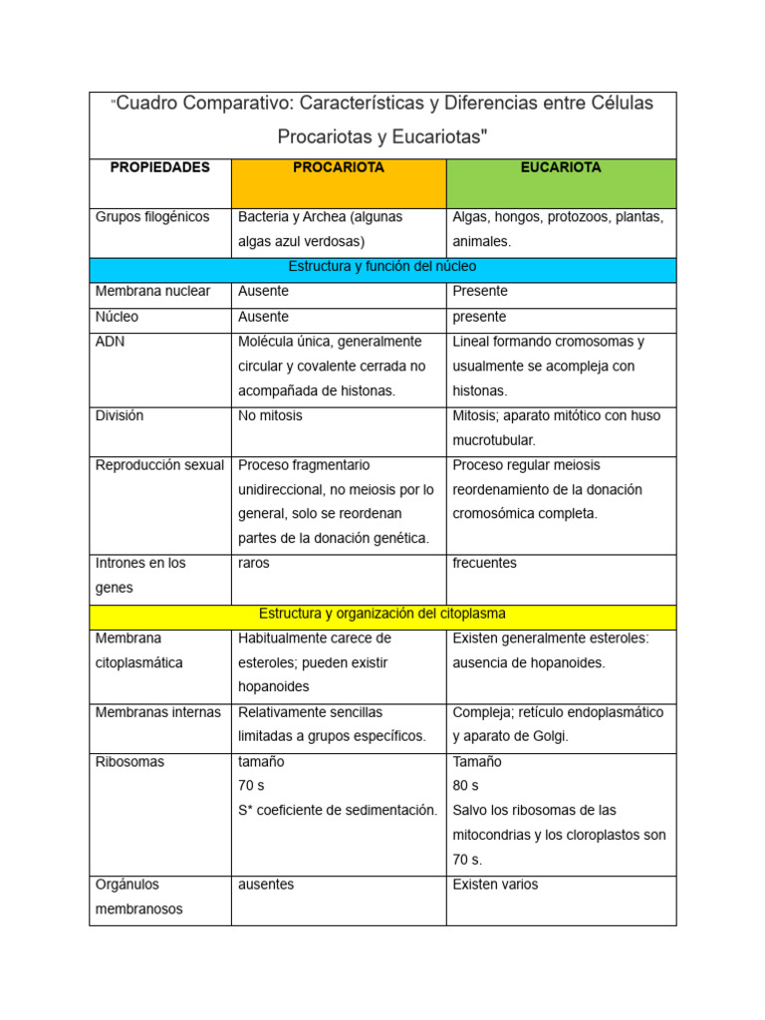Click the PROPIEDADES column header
click(x=159, y=168)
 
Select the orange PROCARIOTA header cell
click(x=338, y=182)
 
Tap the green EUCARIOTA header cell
click(x=561, y=182)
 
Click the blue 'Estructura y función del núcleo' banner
click(x=382, y=267)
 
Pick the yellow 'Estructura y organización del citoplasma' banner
click(x=382, y=615)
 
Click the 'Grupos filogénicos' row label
click(x=152, y=217)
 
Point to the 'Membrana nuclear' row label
click(x=152, y=292)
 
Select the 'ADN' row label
click(x=110, y=342)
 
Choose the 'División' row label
click(x=120, y=416)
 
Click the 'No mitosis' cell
click(x=270, y=416)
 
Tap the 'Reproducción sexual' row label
click(x=159, y=465)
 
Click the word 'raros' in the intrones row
click(x=254, y=564)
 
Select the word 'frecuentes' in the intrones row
click(x=484, y=564)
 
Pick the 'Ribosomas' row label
click(x=129, y=762)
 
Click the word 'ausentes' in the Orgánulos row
click(x=266, y=885)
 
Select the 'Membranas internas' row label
click(x=156, y=712)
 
